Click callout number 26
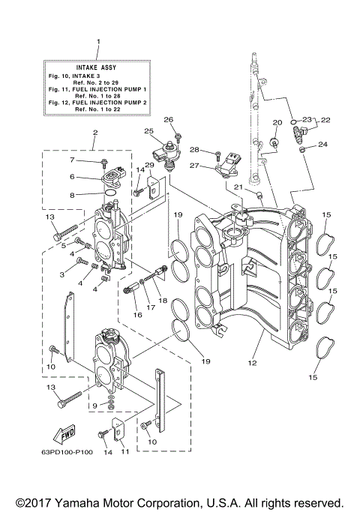(169, 120)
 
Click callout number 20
(277, 122)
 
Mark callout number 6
(73, 177)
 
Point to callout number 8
(73, 194)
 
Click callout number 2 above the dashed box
(95, 133)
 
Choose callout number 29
(149, 165)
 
